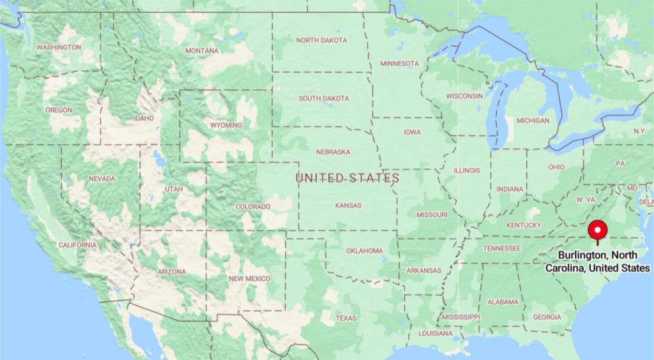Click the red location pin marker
coord(598,230)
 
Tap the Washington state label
coord(59,47)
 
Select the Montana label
coord(202,51)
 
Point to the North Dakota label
coord(322,40)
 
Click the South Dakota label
coord(324,98)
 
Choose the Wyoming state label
coord(226,125)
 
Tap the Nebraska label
coord(333,152)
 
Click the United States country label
coord(347,178)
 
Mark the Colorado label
coord(253,207)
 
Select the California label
coord(77,245)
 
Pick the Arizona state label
coord(172,272)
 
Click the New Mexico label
coord(249,279)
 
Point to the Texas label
coord(346,318)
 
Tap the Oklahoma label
coord(365,251)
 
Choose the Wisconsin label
coord(464,96)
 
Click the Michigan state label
coord(533,120)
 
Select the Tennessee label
coord(503,248)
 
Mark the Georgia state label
coord(547,317)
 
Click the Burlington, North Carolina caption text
coord(597,262)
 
